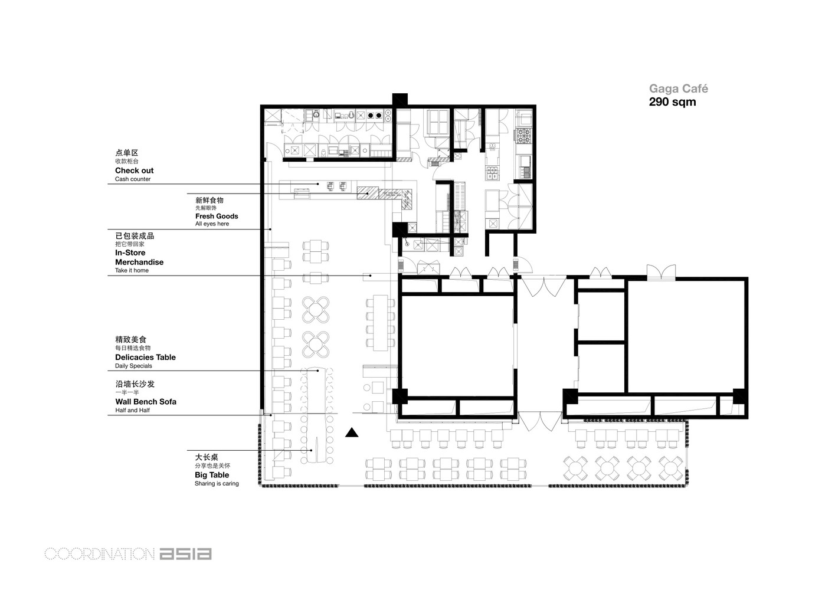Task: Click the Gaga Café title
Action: pos(679,88)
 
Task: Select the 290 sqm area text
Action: pos(673,101)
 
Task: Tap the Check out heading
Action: pos(134,171)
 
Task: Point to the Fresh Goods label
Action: pos(217,216)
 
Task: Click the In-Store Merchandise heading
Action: pos(139,257)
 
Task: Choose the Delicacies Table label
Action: pos(145,357)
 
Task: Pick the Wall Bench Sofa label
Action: pos(146,401)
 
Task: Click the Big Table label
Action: pos(212,475)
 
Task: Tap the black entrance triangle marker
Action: pos(352,432)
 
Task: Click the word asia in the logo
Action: pos(186,554)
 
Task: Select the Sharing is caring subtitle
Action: pos(217,483)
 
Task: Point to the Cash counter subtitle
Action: pos(133,179)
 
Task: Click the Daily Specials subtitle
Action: pos(133,366)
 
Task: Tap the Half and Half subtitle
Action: pos(132,410)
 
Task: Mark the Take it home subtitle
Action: pos(132,270)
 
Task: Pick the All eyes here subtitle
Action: pos(212,224)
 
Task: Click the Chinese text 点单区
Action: pos(127,152)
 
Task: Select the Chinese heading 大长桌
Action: pos(207,457)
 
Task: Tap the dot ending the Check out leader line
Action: pos(317,183)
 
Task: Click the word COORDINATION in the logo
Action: pos(100,554)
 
